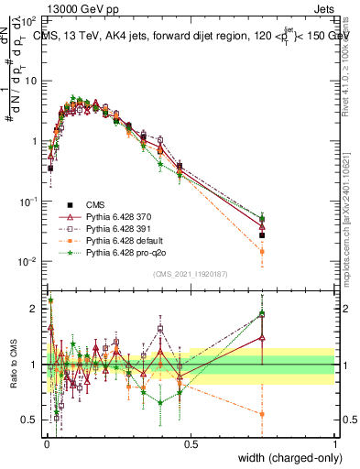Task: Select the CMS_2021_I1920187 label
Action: [190, 274]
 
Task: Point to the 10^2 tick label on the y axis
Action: [27, 19]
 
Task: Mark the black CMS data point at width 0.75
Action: [263, 234]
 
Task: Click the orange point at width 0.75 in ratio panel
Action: [263, 414]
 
